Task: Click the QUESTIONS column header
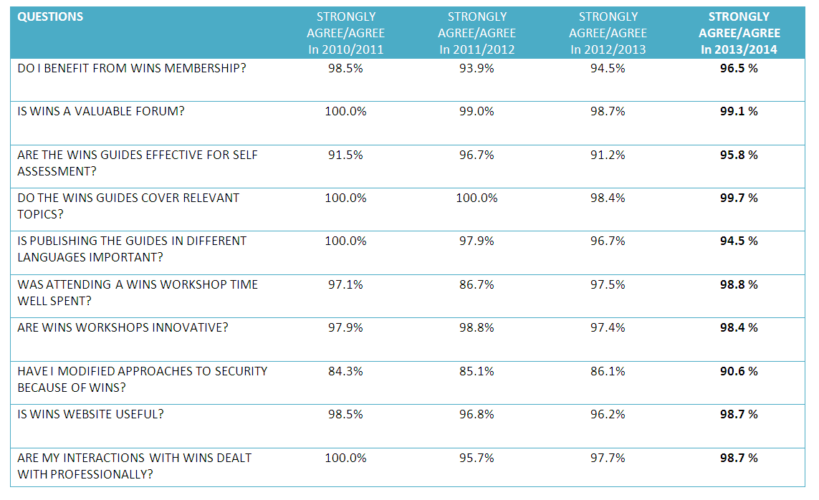(x=50, y=16)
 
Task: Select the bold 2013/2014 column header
(x=739, y=33)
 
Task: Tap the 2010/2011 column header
(x=345, y=33)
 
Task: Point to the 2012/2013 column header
(x=608, y=33)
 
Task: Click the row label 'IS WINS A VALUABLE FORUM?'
(x=100, y=111)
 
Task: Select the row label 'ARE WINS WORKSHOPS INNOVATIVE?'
(x=123, y=327)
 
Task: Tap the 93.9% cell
(x=476, y=68)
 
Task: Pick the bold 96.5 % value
(x=739, y=68)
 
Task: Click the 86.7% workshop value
(x=476, y=284)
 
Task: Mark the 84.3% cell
(x=345, y=371)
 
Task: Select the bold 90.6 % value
(x=739, y=371)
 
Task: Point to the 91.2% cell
(x=608, y=155)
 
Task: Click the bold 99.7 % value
(x=739, y=198)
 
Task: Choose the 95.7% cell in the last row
(x=476, y=458)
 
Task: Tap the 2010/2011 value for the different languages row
(x=345, y=241)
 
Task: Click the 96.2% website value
(x=608, y=414)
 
